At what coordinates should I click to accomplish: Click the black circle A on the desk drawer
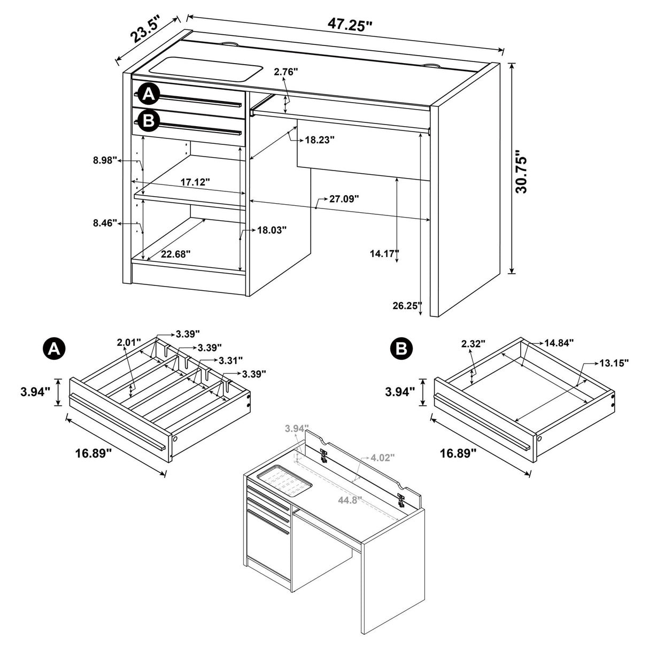coord(149,95)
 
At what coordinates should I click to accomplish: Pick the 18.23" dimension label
coord(320,140)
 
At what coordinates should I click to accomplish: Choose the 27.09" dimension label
coord(344,199)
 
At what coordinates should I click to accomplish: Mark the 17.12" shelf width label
coord(195,182)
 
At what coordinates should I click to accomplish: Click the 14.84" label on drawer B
coord(559,342)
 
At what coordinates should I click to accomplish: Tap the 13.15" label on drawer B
coord(613,363)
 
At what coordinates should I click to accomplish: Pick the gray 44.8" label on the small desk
coord(350,500)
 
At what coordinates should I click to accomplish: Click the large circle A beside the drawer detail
coord(53,349)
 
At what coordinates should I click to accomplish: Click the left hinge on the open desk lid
coord(323,455)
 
